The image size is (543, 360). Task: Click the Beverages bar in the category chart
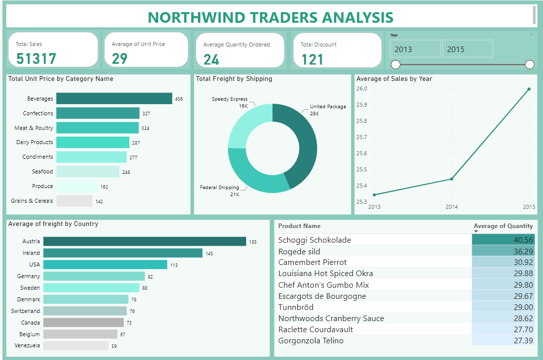tap(114, 99)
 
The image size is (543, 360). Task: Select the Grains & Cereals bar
tap(74, 201)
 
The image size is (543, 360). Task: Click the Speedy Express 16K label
tap(230, 103)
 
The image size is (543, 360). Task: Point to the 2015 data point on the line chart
tap(529, 89)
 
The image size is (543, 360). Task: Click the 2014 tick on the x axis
tap(451, 207)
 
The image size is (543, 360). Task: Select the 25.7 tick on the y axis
tap(363, 137)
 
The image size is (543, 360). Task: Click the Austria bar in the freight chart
tap(144, 242)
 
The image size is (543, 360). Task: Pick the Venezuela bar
tap(76, 346)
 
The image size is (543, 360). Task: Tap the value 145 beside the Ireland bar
tap(209, 253)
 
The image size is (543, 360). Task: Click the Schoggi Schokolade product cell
tap(314, 240)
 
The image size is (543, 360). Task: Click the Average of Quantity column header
tap(503, 226)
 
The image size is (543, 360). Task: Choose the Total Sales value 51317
tap(36, 59)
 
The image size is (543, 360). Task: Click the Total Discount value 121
tap(312, 60)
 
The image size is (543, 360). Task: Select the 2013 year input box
tap(415, 49)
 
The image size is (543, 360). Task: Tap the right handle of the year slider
tap(529, 64)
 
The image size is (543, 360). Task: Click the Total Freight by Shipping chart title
tap(234, 79)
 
